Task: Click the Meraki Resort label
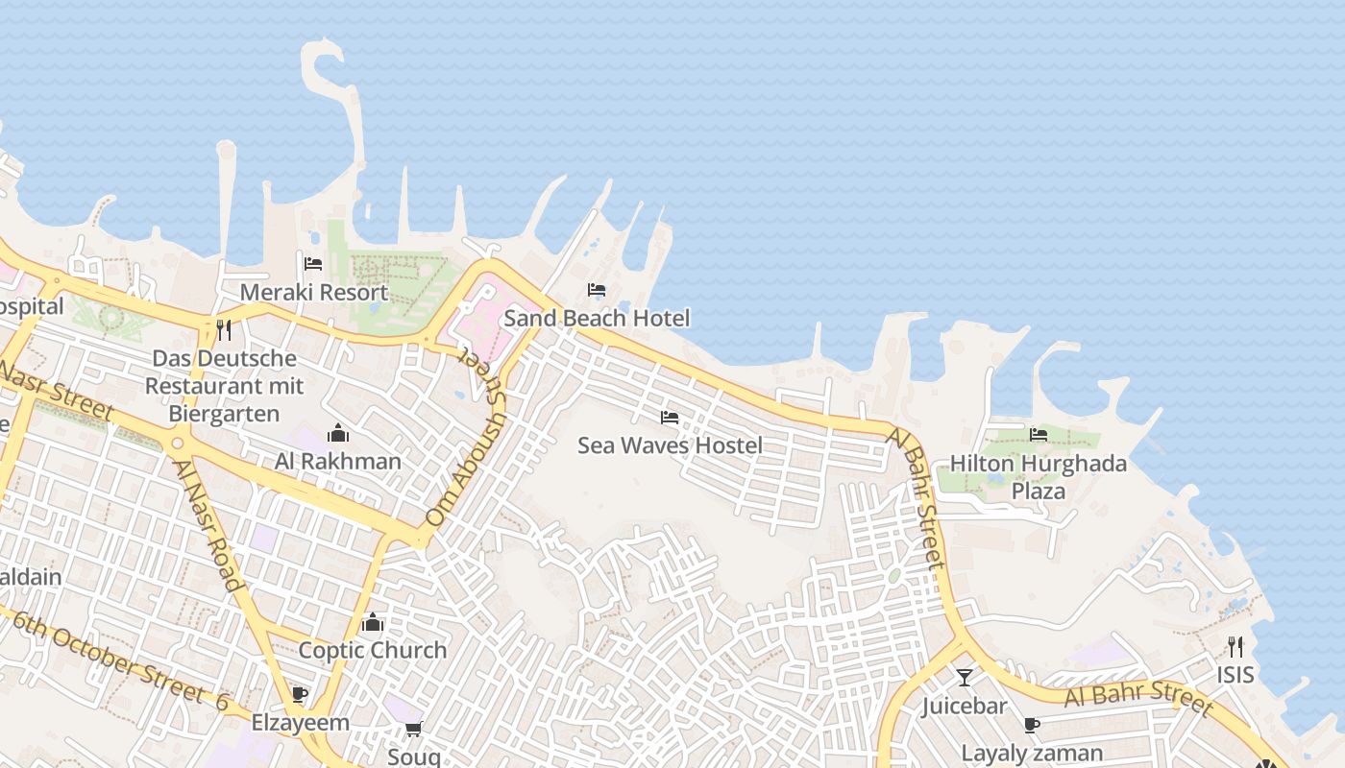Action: [x=314, y=293]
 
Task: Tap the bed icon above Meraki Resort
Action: [x=313, y=263]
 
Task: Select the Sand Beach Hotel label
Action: [x=597, y=318]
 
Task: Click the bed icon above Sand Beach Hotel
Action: [x=597, y=289]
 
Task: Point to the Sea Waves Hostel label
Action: [x=670, y=445]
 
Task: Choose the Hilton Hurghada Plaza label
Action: [x=1038, y=477]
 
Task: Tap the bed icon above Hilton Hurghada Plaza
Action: [x=1039, y=435]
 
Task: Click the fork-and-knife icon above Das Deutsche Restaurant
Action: [x=224, y=330]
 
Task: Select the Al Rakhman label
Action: [x=338, y=462]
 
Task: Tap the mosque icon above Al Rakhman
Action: [x=338, y=433]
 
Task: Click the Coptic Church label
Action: [x=373, y=650]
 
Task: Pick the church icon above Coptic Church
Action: [x=373, y=622]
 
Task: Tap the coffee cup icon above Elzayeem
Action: [x=300, y=694]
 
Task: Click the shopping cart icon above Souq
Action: [x=414, y=729]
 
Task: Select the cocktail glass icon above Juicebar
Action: [x=965, y=678]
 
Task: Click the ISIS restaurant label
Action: [x=1235, y=675]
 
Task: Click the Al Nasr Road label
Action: [x=207, y=524]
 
